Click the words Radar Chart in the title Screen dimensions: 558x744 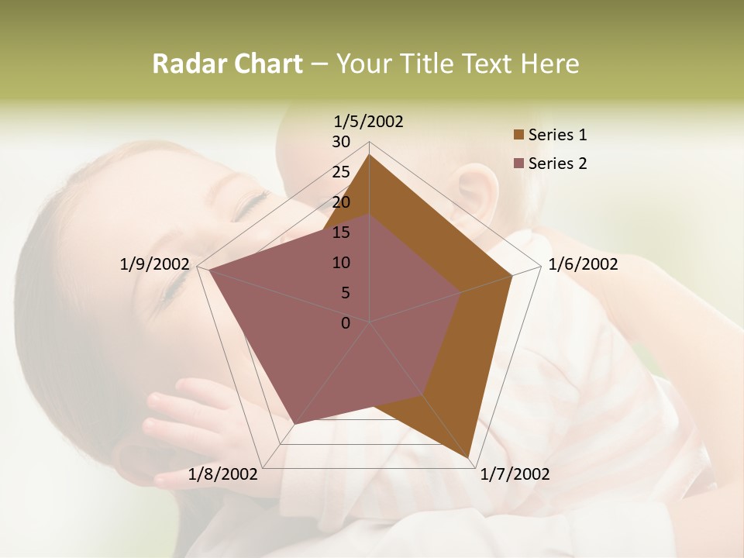226,64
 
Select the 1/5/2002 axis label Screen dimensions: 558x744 369,122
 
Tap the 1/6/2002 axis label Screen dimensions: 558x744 583,265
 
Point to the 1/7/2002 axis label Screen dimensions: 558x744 515,474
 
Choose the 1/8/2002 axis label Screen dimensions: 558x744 222,474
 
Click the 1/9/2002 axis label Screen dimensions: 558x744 155,265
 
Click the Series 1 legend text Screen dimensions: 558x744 557,135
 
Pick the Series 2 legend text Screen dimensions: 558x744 557,164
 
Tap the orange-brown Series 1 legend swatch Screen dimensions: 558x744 518,136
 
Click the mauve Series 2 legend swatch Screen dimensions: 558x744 518,164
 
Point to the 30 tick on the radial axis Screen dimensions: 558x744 341,142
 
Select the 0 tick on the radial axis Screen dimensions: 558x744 346,323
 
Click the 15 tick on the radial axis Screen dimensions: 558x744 341,232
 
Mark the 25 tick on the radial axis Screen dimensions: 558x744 341,172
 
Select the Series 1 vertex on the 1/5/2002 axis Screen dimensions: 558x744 370,154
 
